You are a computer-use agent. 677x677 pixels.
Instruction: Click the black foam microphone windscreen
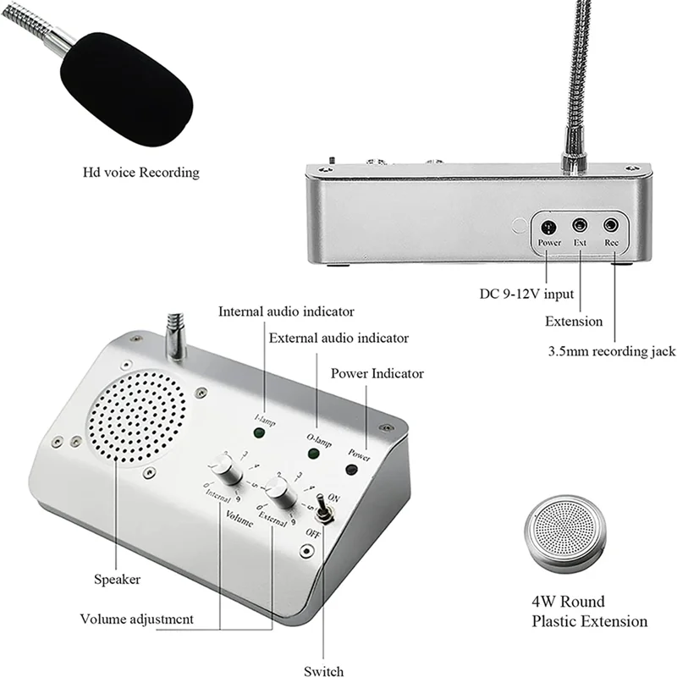point(126,89)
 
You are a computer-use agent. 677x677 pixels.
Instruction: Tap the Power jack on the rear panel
point(548,227)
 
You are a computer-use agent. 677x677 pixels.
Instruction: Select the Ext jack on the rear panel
point(580,226)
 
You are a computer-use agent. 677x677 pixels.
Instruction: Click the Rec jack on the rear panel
point(611,226)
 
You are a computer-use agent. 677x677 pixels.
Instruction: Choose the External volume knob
point(277,489)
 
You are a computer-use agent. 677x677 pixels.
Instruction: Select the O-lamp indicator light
point(314,454)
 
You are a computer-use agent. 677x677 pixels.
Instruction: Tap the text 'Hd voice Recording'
point(141,173)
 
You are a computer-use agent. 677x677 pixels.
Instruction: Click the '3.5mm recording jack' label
point(610,350)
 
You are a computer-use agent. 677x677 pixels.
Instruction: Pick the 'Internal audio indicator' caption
point(287,311)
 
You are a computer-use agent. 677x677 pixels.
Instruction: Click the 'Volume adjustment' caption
point(137,619)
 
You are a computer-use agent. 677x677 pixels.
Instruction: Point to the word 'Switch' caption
point(323,671)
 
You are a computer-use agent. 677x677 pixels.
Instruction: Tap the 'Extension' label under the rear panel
point(573,322)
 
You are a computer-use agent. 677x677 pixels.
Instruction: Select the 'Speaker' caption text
point(117,580)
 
